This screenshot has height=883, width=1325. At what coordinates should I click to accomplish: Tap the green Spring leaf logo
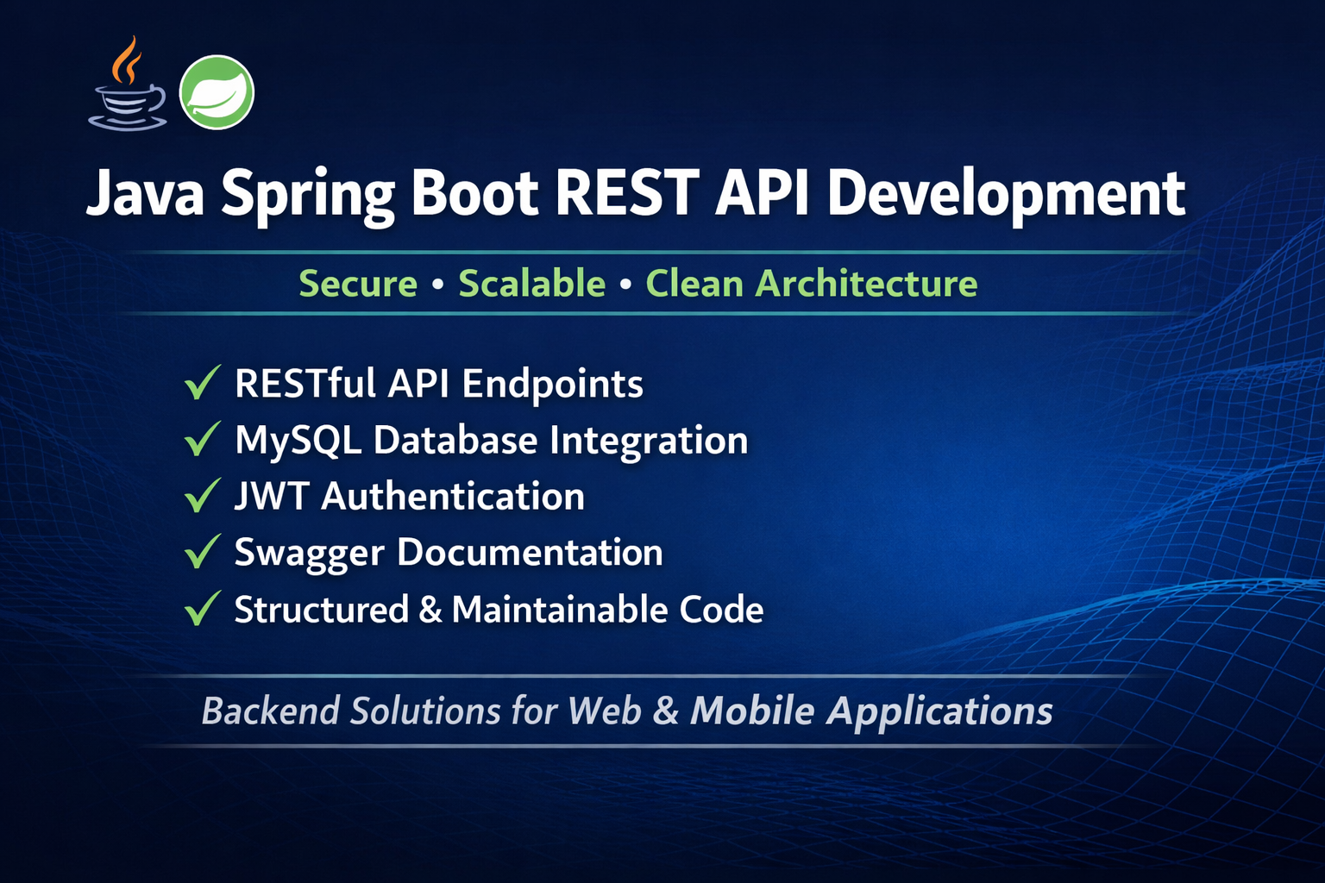(x=217, y=92)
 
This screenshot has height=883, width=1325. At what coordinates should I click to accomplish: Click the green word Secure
(x=358, y=284)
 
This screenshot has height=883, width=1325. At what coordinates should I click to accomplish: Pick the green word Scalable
(x=531, y=283)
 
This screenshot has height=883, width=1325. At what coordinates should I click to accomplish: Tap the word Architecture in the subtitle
(x=867, y=283)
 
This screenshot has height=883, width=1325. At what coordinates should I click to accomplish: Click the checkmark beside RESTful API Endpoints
(x=203, y=382)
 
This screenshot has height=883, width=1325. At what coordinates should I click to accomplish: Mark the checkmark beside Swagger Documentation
(x=203, y=551)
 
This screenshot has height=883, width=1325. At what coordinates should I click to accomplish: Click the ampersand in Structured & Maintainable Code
(x=430, y=609)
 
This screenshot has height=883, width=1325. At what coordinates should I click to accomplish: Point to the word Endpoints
(x=552, y=385)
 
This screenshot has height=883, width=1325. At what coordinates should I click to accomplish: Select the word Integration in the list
(x=649, y=441)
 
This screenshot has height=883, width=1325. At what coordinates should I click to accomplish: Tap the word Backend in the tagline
(x=270, y=710)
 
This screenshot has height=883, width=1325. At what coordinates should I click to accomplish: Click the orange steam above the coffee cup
(x=127, y=59)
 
